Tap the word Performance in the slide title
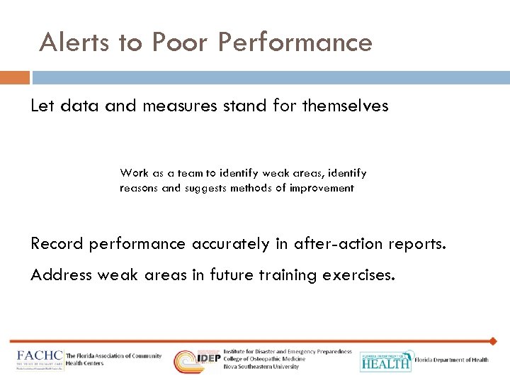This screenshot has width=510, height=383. pyautogui.click(x=295, y=43)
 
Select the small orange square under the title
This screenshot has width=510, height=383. pyautogui.click(x=14, y=77)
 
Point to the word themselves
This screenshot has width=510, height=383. pyautogui.click(x=346, y=106)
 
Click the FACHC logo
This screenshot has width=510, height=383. pyautogui.click(x=40, y=359)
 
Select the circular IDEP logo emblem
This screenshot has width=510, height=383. pyautogui.click(x=187, y=360)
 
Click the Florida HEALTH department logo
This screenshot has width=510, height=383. pyautogui.click(x=386, y=360)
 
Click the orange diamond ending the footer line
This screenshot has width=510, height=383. pyautogui.click(x=493, y=341)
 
